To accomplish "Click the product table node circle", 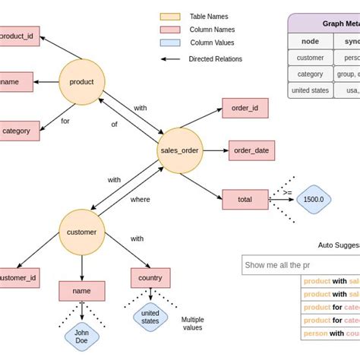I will tap(81, 82).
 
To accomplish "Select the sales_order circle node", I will tap(179, 150).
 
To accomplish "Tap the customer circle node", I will tap(81, 232).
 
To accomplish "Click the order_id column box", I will tap(245, 108).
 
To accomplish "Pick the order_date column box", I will tap(251, 150).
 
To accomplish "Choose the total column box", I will tap(245, 199).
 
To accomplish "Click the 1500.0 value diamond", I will tap(313, 199).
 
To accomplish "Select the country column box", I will tap(150, 278).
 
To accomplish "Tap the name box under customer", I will tap(81, 290).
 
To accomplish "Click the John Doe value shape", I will tap(81, 336).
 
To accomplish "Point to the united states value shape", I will tap(150, 317).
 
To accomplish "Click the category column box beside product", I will tap(16, 131).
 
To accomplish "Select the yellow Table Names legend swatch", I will tap(169, 16).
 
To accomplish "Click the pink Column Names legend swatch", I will tap(169, 30).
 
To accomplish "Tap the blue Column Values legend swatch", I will tap(169, 43).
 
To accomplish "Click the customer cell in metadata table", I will tap(310, 58).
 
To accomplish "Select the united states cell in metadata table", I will tap(310, 90).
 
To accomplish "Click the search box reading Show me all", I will tap(300, 264).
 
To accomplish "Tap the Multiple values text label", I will tap(193, 324).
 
